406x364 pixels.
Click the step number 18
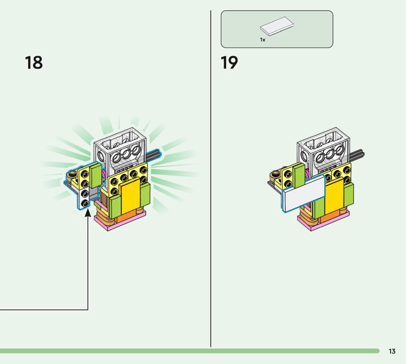click(33, 63)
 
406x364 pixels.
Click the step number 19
click(229, 63)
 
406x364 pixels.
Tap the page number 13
click(392, 351)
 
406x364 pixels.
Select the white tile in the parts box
click(276, 26)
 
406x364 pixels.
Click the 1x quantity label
click(262, 39)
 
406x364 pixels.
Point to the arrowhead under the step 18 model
click(88, 212)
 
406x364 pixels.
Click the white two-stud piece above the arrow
click(84, 197)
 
